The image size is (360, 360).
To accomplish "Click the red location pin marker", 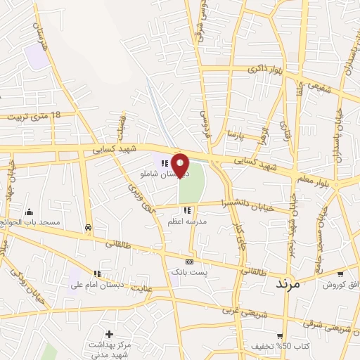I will click(x=181, y=165).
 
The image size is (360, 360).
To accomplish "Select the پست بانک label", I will click(x=188, y=271).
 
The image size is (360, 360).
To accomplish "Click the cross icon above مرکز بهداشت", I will click(x=109, y=333).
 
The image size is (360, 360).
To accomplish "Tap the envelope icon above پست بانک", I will click(x=188, y=261).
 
